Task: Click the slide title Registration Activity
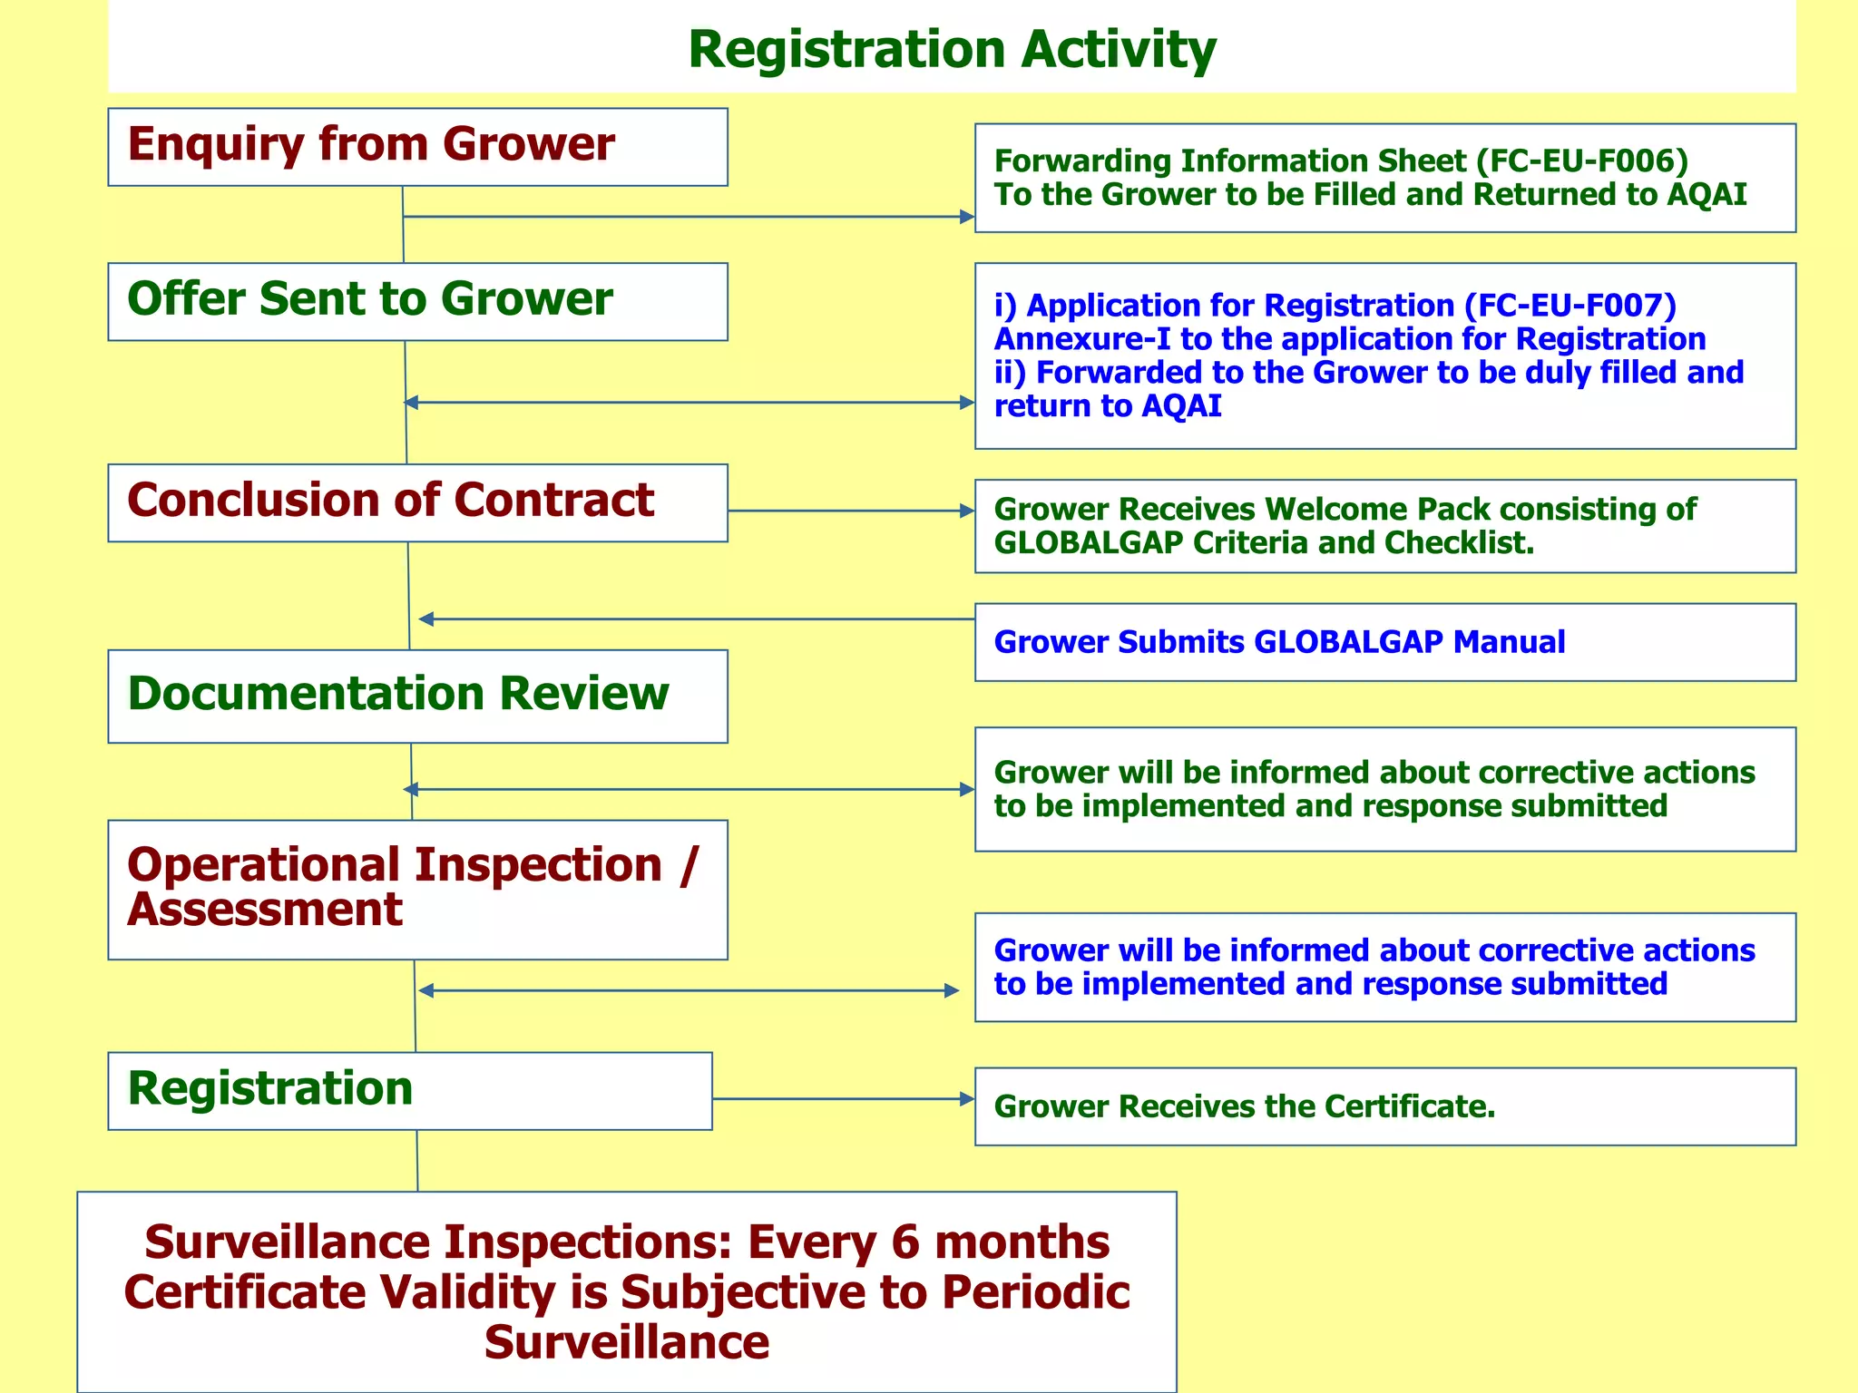pyautogui.click(x=951, y=49)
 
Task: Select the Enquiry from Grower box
pyautogui.click(x=417, y=147)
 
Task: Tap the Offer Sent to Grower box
pyautogui.click(x=417, y=302)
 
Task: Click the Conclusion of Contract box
pyautogui.click(x=417, y=503)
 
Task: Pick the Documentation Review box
pyautogui.click(x=417, y=696)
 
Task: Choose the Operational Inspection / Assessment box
pyautogui.click(x=417, y=889)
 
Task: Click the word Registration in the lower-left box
pyautogui.click(x=270, y=1088)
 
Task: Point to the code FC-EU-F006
pyautogui.click(x=1582, y=161)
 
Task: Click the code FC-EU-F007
pyautogui.click(x=1570, y=306)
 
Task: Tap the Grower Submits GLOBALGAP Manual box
pyautogui.click(x=1384, y=642)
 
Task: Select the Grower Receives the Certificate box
pyautogui.click(x=1384, y=1106)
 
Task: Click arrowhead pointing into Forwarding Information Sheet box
pyautogui.click(x=967, y=217)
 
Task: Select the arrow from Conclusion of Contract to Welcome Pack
pyautogui.click(x=851, y=511)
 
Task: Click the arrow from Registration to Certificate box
pyautogui.click(x=844, y=1099)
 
